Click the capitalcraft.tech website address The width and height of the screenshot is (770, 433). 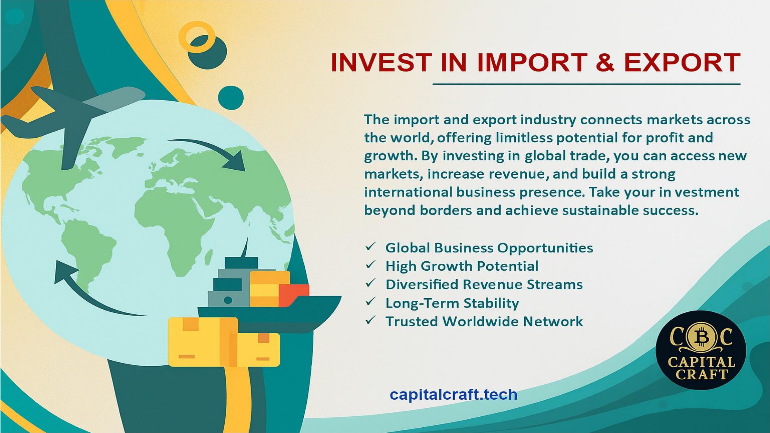pos(454,395)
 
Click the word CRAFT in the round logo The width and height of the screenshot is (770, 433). pos(701,375)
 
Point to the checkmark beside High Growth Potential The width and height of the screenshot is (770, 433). pos(370,264)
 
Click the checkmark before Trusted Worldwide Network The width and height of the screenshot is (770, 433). pos(370,320)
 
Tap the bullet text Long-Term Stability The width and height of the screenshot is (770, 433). pos(452,303)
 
